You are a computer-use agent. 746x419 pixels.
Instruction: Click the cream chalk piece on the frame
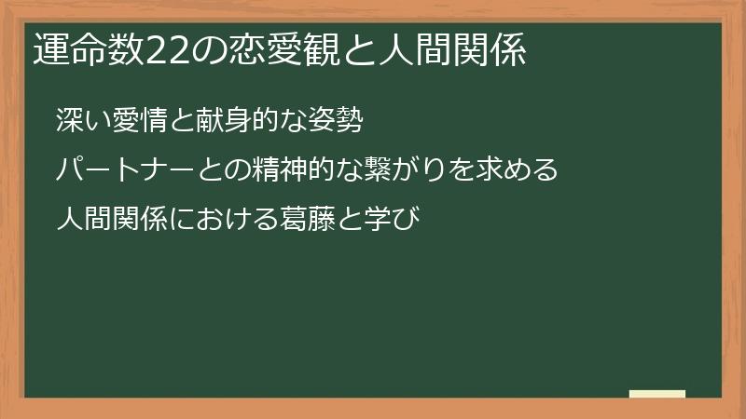[657, 395]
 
